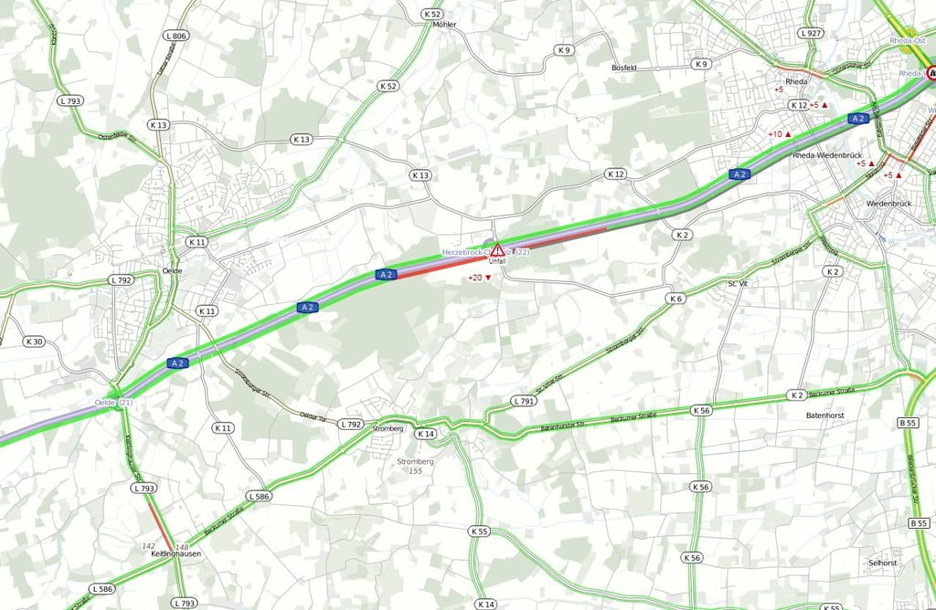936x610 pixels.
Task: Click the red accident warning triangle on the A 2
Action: coord(497,249)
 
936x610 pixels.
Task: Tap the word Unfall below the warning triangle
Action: coord(497,261)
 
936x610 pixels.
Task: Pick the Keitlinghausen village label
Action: coord(175,553)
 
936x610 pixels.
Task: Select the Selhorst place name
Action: coord(884,562)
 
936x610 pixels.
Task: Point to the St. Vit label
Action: coord(738,284)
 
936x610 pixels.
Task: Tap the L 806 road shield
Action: coord(176,36)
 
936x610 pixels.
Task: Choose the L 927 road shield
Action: coord(810,33)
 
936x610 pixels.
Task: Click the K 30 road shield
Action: coord(33,342)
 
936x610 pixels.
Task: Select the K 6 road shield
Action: coord(675,299)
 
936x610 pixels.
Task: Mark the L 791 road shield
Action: coord(524,401)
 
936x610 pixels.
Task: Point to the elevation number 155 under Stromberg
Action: coord(416,471)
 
